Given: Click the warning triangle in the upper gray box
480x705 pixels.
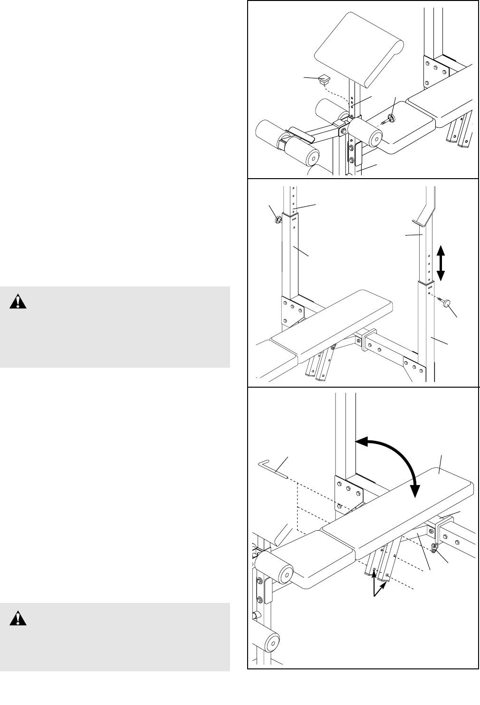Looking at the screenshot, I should [18, 302].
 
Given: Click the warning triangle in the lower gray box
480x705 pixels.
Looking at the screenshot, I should [18, 618].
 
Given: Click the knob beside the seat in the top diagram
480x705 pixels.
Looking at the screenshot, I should [391, 118].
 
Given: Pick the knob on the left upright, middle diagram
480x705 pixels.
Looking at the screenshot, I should [277, 219].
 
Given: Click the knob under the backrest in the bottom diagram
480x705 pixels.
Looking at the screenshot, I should [435, 548].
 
